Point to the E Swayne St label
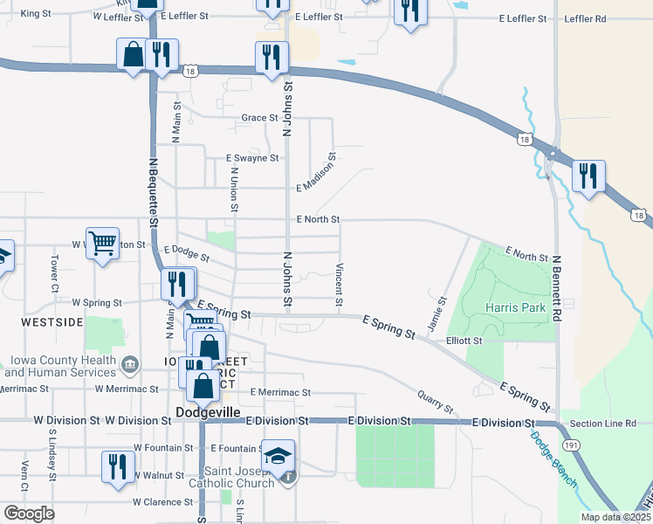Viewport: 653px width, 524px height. pyautogui.click(x=251, y=159)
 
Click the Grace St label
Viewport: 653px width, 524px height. pyautogui.click(x=259, y=118)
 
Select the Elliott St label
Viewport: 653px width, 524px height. pyautogui.click(x=464, y=341)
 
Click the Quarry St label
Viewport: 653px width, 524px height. pyautogui.click(x=435, y=403)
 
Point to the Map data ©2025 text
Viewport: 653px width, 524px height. pyautogui.click(x=615, y=517)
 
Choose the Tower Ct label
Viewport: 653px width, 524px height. pyautogui.click(x=54, y=273)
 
